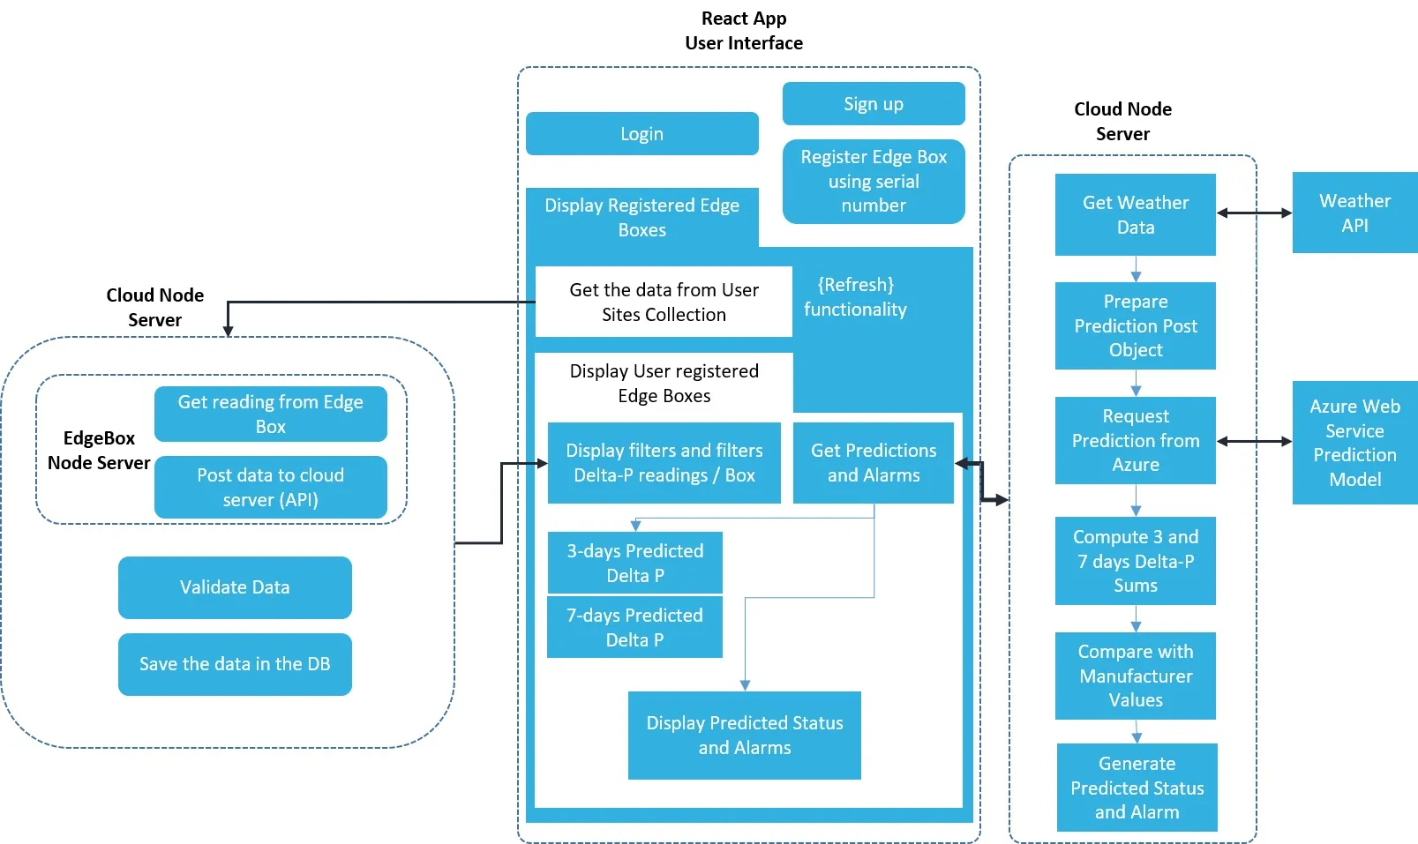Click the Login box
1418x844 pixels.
[641, 133]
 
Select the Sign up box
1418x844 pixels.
[873, 104]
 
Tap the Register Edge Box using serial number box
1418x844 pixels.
[873, 181]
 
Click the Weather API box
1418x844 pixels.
[1354, 213]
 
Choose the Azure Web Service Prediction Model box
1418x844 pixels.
[1354, 443]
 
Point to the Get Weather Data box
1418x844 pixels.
[1135, 214]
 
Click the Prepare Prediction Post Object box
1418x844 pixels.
[1135, 325]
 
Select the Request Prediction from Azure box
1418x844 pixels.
[1135, 440]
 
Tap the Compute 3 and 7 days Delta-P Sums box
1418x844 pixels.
[1135, 561]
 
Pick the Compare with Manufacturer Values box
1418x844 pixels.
[1135, 676]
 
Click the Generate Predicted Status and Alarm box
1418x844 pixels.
[1137, 788]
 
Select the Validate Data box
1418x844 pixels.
[235, 587]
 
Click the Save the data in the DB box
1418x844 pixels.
[235, 664]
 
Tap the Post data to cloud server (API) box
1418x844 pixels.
[270, 487]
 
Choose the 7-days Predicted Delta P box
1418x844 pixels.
[634, 627]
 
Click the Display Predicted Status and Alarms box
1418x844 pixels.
[744, 735]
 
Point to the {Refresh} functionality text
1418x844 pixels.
[855, 297]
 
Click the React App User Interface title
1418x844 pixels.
[744, 31]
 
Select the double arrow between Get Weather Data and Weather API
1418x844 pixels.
[1254, 213]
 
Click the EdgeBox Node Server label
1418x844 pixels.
[99, 450]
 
